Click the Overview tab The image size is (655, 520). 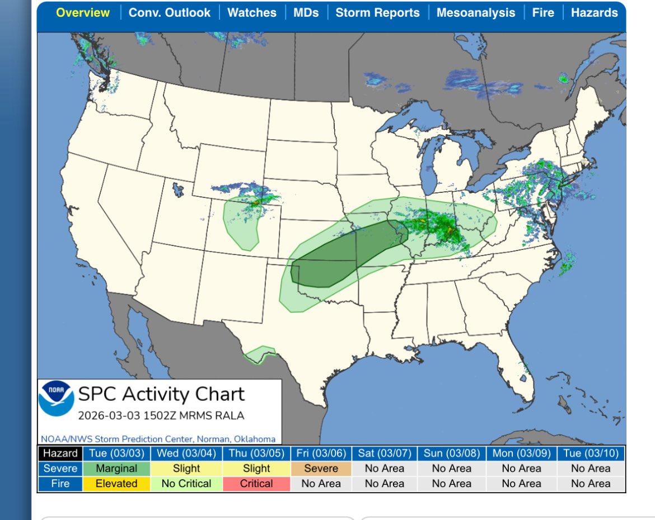tap(83, 13)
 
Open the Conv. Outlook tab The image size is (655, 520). tap(170, 13)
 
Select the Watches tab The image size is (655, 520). tap(251, 13)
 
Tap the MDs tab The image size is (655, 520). tap(306, 13)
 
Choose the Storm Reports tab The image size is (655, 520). tap(377, 13)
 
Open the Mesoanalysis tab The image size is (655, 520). tap(476, 13)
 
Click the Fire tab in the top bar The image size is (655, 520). tap(542, 13)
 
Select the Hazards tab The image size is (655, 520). tap(594, 13)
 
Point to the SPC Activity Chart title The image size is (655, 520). tap(161, 394)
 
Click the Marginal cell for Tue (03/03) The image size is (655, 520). tap(116, 469)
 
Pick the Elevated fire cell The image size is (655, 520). tap(116, 484)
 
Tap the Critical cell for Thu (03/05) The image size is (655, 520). tap(256, 484)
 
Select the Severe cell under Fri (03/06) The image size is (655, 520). tap(321, 469)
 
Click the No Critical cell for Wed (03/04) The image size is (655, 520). tap(186, 484)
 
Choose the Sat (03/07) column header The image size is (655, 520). tap(385, 453)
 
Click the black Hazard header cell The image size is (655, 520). tap(60, 453)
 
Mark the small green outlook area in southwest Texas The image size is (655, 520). tap(260, 356)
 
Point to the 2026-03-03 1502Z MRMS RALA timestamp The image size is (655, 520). tap(161, 416)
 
